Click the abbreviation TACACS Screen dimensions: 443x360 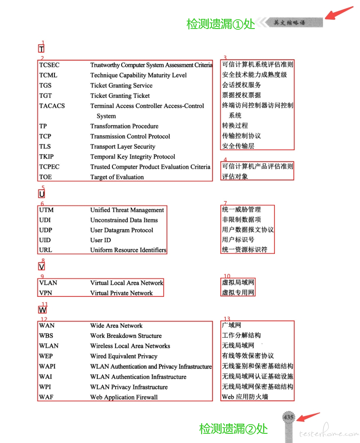pyautogui.click(x=52, y=106)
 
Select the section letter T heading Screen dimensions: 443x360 pyautogui.click(x=41, y=49)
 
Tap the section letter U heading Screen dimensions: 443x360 pyautogui.click(x=42, y=194)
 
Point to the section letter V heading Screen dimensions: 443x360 pyautogui.click(x=42, y=267)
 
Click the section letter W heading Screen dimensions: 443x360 pyautogui.click(x=43, y=310)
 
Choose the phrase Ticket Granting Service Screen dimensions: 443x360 pyautogui.click(x=121, y=86)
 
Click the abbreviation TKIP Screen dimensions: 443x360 pyautogui.click(x=46, y=157)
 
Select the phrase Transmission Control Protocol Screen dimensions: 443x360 pyautogui.click(x=130, y=137)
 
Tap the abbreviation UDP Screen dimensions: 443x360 pyautogui.click(x=46, y=230)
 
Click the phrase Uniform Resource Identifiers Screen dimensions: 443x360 pyautogui.click(x=128, y=250)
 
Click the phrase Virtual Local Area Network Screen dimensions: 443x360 pyautogui.click(x=126, y=283)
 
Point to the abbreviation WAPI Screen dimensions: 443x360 pyautogui.click(x=47, y=366)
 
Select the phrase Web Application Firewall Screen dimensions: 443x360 pyautogui.click(x=124, y=397)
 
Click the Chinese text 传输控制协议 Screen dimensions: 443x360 pyautogui.click(x=241, y=136)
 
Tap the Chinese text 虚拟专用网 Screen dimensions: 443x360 pyautogui.click(x=238, y=292)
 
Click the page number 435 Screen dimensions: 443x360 pyautogui.click(x=288, y=417)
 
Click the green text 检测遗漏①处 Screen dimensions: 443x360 pyautogui.click(x=220, y=24)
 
